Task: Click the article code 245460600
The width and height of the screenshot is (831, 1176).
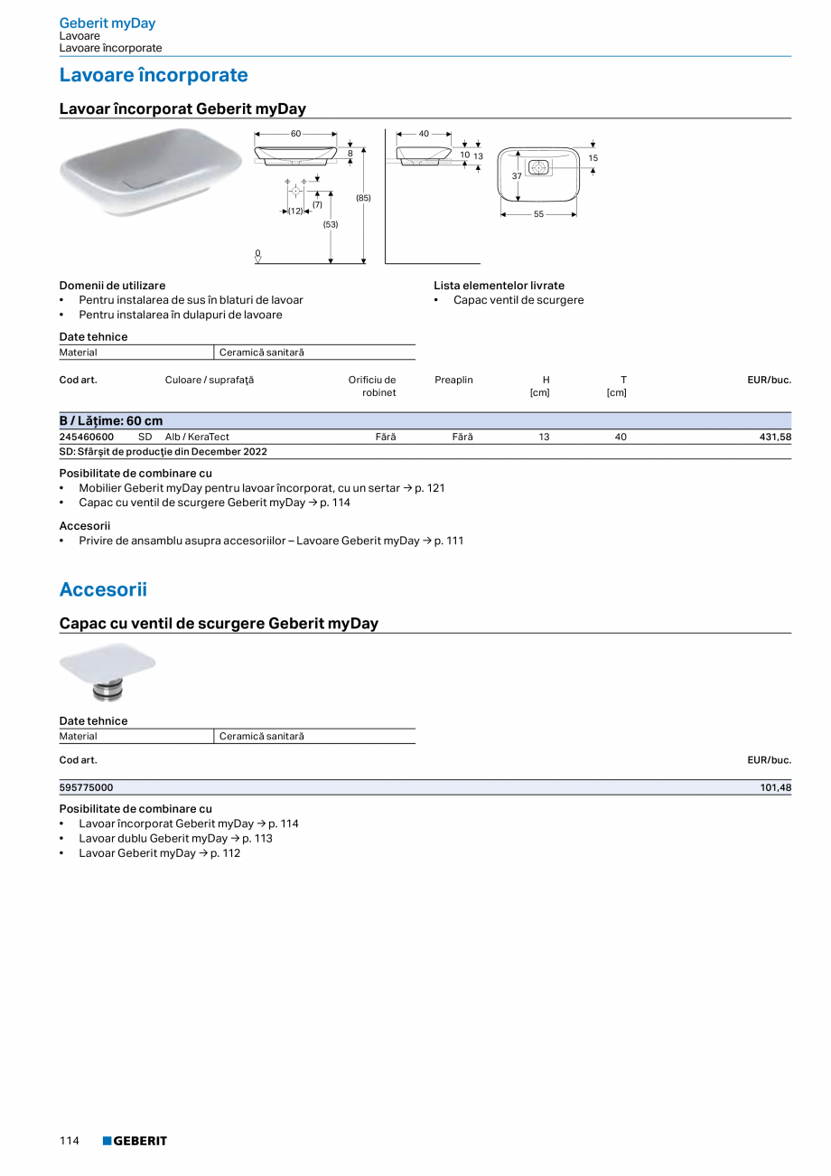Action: (87, 437)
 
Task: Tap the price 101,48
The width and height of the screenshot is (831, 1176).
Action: (775, 788)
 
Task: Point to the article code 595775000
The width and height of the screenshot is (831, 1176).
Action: (87, 788)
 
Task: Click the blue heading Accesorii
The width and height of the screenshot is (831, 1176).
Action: (103, 590)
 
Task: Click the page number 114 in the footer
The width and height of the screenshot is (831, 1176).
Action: (70, 1141)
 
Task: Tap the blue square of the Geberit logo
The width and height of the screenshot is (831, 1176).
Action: (107, 1141)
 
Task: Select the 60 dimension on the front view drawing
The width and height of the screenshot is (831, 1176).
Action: (295, 134)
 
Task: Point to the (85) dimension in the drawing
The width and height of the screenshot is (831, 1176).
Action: (363, 197)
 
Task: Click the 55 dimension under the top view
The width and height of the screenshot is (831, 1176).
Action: (538, 214)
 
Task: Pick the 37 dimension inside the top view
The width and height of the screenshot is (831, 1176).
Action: (517, 176)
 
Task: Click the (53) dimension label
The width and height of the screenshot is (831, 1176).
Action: (331, 224)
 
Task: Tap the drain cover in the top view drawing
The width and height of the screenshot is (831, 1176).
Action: (539, 167)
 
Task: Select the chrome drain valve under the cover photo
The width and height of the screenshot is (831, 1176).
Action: (108, 691)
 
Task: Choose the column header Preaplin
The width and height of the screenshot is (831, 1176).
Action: (453, 380)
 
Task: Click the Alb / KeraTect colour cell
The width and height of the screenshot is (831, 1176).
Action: (197, 437)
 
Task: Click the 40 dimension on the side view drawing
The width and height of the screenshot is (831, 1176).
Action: (424, 134)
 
